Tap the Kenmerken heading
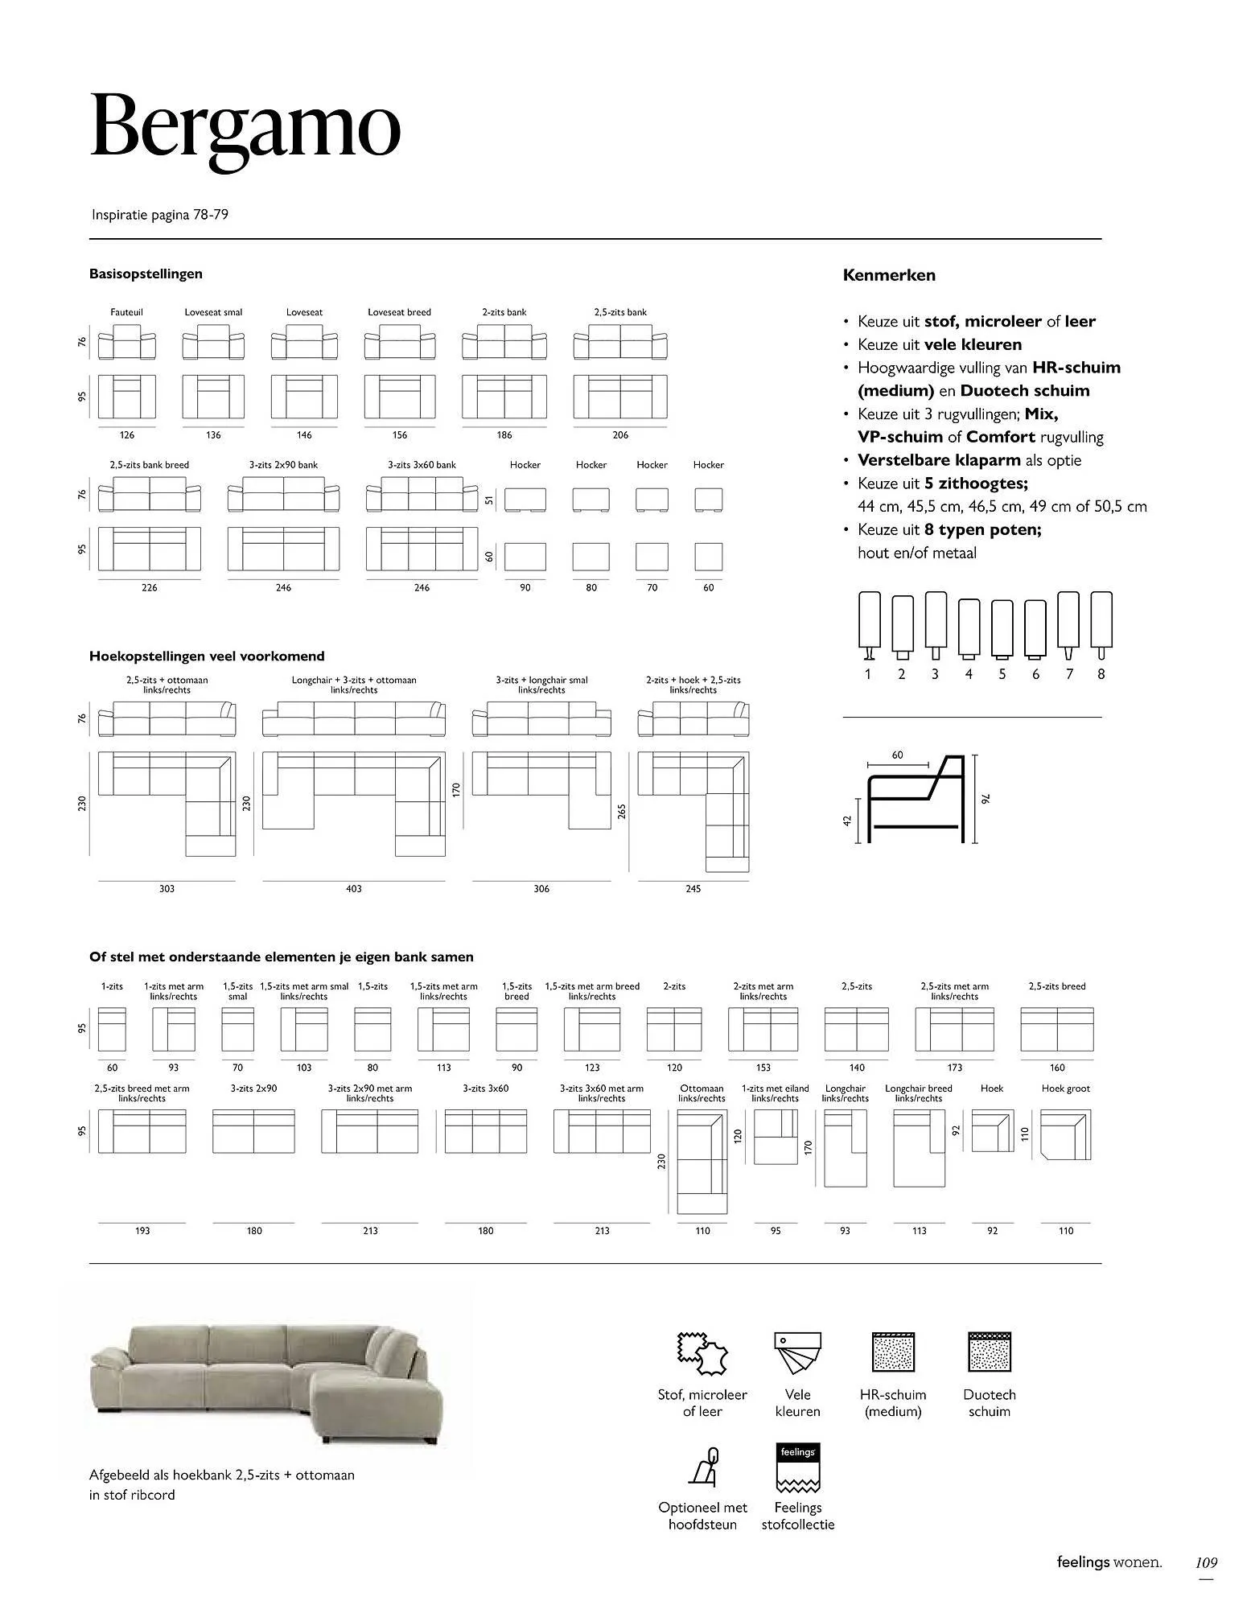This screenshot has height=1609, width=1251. pos(888,275)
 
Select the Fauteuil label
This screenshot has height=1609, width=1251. pos(126,312)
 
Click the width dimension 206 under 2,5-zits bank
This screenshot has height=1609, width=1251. pos(620,435)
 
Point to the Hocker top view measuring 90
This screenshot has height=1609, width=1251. pos(525,557)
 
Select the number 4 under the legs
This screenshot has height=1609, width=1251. pos(969,674)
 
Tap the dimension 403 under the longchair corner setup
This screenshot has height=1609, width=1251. pos(354,889)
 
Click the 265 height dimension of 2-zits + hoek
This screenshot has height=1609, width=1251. pos(621,812)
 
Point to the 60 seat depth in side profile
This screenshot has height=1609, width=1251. pos(898,755)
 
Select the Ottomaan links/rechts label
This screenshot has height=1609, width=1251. pos(702,1093)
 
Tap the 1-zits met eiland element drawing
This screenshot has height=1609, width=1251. pos(776,1137)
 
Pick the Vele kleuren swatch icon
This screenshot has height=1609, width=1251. pos(797,1352)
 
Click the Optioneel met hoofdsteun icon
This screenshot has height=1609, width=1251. pos(702,1467)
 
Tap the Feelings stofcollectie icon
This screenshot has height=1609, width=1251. pos(797,1467)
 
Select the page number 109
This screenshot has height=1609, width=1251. pos(1206,1563)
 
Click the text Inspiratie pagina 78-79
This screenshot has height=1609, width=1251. pos(160,215)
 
